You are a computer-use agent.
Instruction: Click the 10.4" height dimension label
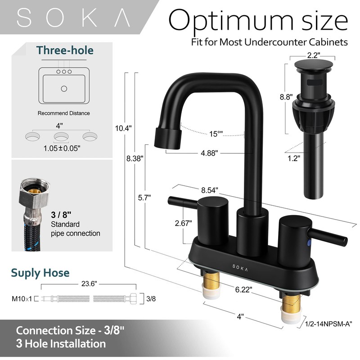pos(123,128)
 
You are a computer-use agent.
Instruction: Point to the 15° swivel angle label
pos(216,133)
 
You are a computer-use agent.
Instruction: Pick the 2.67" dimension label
pos(184,222)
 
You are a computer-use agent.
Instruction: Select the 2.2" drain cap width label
pos(313,55)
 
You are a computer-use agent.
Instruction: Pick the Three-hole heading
pos(65,50)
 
